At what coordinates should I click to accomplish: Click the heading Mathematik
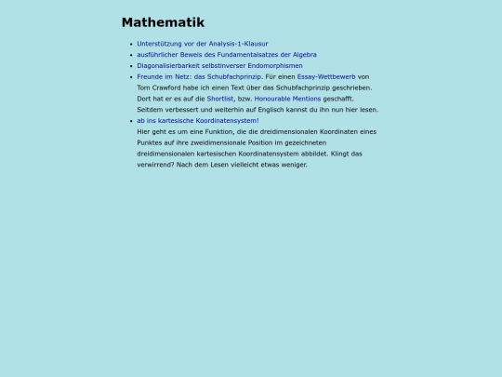click(x=163, y=22)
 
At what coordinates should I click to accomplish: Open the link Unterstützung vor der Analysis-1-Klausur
click(x=203, y=44)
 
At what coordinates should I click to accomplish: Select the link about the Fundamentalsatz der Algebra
click(x=214, y=55)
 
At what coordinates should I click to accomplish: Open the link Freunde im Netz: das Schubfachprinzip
click(x=200, y=77)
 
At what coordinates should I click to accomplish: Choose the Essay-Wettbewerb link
click(x=326, y=77)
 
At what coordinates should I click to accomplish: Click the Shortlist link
click(x=220, y=99)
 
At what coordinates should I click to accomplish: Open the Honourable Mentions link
click(x=287, y=99)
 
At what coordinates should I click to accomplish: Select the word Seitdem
click(x=151, y=110)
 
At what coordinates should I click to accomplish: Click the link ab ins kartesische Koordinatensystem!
click(x=198, y=121)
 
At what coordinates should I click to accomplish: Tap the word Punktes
click(x=151, y=142)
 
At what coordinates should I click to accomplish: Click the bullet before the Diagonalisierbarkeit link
click(x=131, y=66)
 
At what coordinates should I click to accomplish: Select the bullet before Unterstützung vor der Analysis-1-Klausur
click(x=131, y=44)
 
